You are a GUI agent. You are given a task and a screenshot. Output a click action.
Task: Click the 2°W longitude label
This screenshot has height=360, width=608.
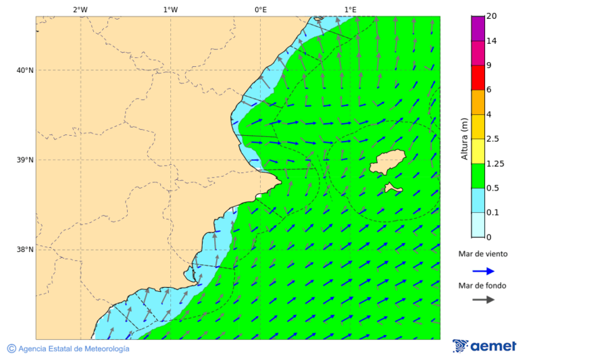pyautogui.click(x=80, y=9)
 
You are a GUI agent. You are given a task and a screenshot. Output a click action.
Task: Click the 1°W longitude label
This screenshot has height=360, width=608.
pyautogui.click(x=170, y=9)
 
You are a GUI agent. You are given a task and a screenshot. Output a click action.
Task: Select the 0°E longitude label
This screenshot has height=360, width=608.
pyautogui.click(x=260, y=9)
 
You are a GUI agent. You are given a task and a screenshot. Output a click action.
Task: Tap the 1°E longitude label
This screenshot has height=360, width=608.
pyautogui.click(x=350, y=9)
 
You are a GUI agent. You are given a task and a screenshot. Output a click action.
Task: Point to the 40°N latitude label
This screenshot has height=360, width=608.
pyautogui.click(x=25, y=70)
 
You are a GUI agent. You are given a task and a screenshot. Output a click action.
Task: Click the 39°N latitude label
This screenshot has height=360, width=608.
pyautogui.click(x=25, y=160)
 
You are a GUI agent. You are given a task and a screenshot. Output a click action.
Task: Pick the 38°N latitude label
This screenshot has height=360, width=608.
pyautogui.click(x=25, y=250)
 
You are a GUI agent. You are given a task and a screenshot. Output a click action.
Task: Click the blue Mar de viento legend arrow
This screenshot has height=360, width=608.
pyautogui.click(x=483, y=271)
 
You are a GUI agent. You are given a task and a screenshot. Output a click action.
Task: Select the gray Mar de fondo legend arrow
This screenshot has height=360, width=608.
pyautogui.click(x=483, y=300)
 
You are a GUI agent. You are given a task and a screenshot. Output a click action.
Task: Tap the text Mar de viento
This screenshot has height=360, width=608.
pyautogui.click(x=483, y=254)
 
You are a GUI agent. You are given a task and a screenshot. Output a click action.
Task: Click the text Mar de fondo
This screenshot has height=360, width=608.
pyautogui.click(x=483, y=285)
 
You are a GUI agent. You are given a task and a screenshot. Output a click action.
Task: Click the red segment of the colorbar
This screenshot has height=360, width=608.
pyautogui.click(x=478, y=78)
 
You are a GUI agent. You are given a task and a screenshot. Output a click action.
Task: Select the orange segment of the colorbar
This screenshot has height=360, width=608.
pyautogui.click(x=478, y=102)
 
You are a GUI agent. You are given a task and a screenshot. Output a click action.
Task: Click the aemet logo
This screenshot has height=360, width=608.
pyautogui.click(x=484, y=346)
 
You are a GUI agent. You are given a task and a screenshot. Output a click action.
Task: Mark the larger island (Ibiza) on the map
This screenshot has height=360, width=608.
pyautogui.click(x=388, y=162)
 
